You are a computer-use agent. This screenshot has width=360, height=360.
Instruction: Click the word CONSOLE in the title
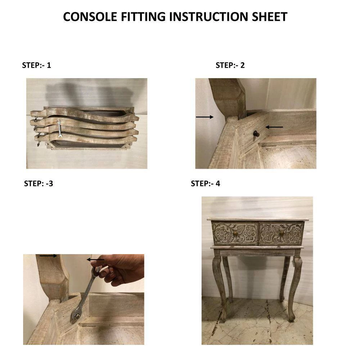pyautogui.click(x=90, y=17)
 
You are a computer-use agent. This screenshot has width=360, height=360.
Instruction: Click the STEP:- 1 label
pyautogui.click(x=36, y=65)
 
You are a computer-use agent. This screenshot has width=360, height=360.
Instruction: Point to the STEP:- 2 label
pyautogui.click(x=230, y=65)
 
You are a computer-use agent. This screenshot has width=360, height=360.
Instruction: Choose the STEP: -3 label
pyautogui.click(x=39, y=184)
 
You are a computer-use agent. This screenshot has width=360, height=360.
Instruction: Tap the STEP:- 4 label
pyautogui.click(x=206, y=184)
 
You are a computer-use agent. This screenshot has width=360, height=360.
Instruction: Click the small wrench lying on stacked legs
pyautogui.click(x=59, y=129)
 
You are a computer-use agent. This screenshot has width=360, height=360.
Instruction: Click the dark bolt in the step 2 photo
pyautogui.click(x=256, y=134)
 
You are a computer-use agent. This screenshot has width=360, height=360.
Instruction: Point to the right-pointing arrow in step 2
pyautogui.click(x=204, y=117)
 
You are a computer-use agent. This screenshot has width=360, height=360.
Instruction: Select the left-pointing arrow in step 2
pyautogui.click(x=274, y=127)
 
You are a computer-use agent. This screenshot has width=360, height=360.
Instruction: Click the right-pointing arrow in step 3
pyautogui.click(x=48, y=256)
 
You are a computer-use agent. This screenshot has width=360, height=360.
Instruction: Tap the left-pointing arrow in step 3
pyautogui.click(x=95, y=260)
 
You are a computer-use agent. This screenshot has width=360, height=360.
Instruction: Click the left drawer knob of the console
pyautogui.click(x=235, y=234)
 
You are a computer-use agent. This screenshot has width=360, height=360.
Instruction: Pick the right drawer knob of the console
pyautogui.click(x=282, y=234)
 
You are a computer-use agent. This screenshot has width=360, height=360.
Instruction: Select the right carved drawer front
pyautogui.click(x=282, y=234)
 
